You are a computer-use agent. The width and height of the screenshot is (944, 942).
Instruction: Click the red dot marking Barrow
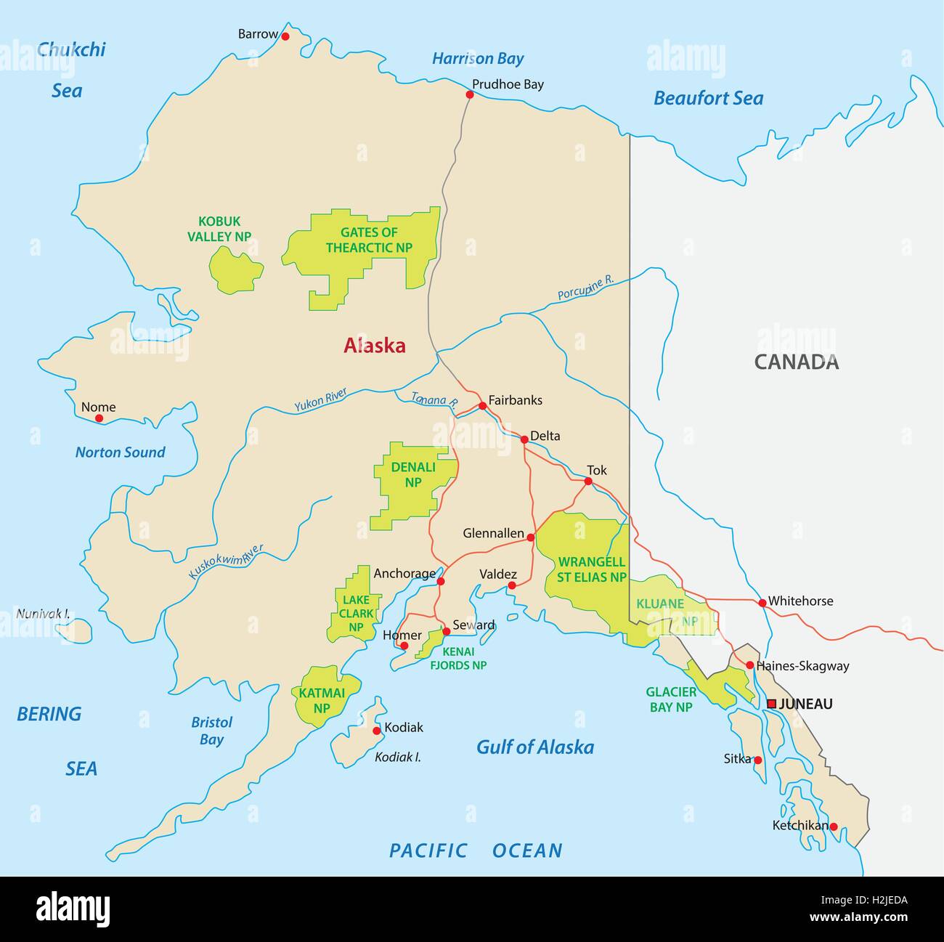(285, 36)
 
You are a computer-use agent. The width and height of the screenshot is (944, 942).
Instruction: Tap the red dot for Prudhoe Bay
(470, 94)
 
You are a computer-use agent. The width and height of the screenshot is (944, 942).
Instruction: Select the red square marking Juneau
(771, 704)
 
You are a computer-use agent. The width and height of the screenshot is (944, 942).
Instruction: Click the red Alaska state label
(374, 346)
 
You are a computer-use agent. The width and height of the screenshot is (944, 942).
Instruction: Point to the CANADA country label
(796, 362)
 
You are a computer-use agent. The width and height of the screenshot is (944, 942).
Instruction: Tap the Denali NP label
(413, 474)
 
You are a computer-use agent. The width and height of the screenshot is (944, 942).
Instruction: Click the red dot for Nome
(99, 418)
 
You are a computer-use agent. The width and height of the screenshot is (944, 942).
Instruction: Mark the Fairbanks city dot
(482, 406)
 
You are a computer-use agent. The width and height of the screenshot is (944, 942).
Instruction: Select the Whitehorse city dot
(762, 603)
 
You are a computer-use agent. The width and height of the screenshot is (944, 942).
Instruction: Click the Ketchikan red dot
(834, 827)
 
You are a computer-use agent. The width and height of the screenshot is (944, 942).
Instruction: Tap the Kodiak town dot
(376, 731)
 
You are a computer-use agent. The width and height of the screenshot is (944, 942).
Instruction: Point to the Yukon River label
(320, 401)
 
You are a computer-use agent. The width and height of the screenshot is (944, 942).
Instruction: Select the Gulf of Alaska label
(534, 747)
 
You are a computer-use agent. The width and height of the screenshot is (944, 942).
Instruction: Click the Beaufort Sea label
(708, 98)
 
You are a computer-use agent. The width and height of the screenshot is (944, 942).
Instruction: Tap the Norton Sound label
(120, 452)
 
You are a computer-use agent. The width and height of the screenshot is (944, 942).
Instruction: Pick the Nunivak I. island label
(43, 614)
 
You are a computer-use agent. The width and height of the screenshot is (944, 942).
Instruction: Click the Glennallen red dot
(531, 537)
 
